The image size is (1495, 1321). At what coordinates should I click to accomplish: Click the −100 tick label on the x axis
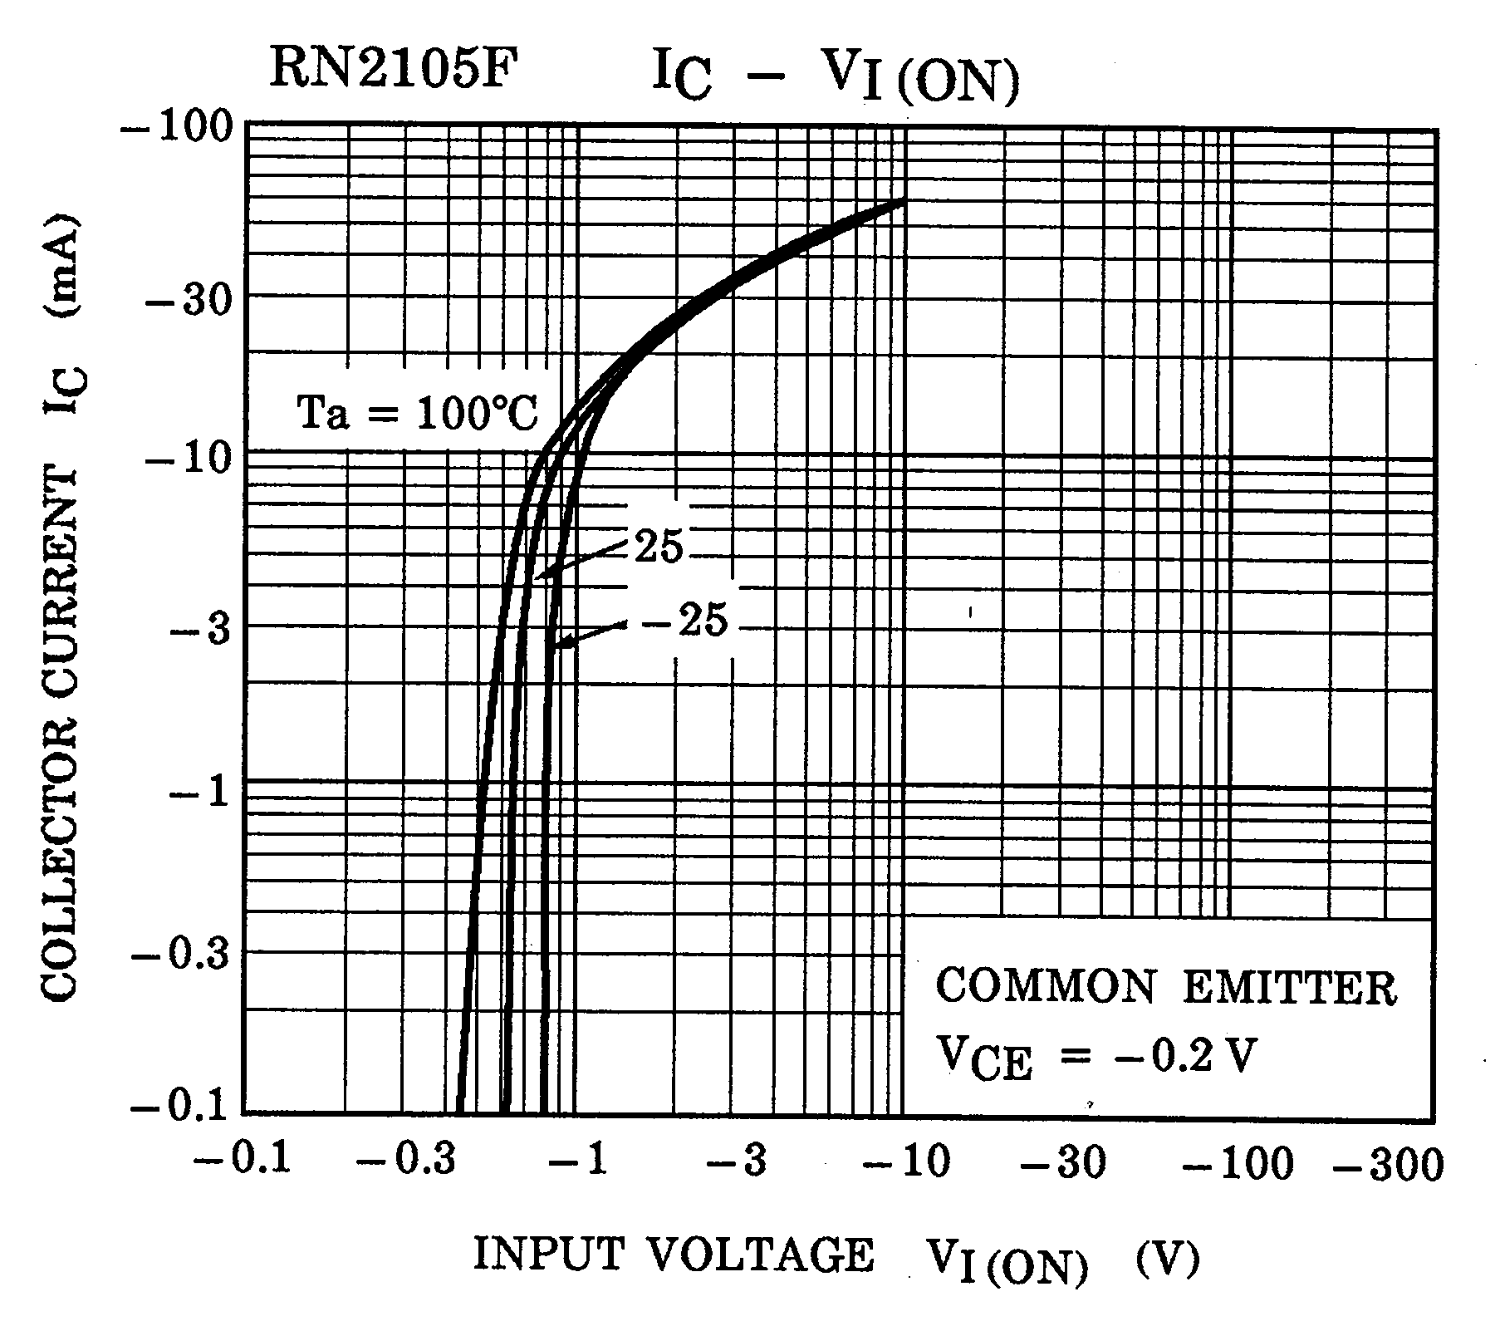click(x=1238, y=1163)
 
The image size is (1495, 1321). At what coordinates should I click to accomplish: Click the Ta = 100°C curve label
click(x=418, y=413)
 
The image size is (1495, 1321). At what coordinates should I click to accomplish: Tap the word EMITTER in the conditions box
click(x=1289, y=989)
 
